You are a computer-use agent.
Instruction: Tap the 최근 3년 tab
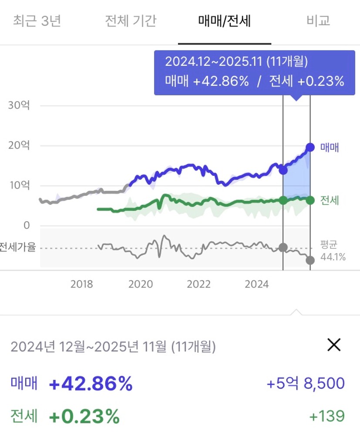click(37, 20)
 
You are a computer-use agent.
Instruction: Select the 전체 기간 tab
click(131, 20)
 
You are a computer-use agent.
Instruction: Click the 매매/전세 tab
click(224, 20)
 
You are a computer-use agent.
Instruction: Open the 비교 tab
click(318, 20)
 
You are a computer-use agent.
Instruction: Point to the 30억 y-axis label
click(19, 105)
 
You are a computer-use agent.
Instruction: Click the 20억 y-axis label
click(19, 145)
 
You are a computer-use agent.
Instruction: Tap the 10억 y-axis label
click(19, 186)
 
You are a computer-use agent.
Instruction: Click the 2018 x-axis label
click(82, 284)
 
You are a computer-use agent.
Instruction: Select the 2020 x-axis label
click(141, 284)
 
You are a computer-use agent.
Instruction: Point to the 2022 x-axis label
click(199, 284)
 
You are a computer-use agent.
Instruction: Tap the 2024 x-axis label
click(257, 284)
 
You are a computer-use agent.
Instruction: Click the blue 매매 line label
click(330, 147)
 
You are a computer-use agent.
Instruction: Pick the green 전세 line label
click(330, 200)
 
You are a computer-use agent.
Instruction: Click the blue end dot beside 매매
click(310, 147)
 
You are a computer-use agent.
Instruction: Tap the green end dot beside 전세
click(310, 200)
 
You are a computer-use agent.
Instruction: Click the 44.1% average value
click(333, 257)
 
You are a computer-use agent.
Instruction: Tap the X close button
click(334, 345)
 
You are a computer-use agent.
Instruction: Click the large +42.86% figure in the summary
click(91, 384)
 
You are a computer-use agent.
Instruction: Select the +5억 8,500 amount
click(306, 384)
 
